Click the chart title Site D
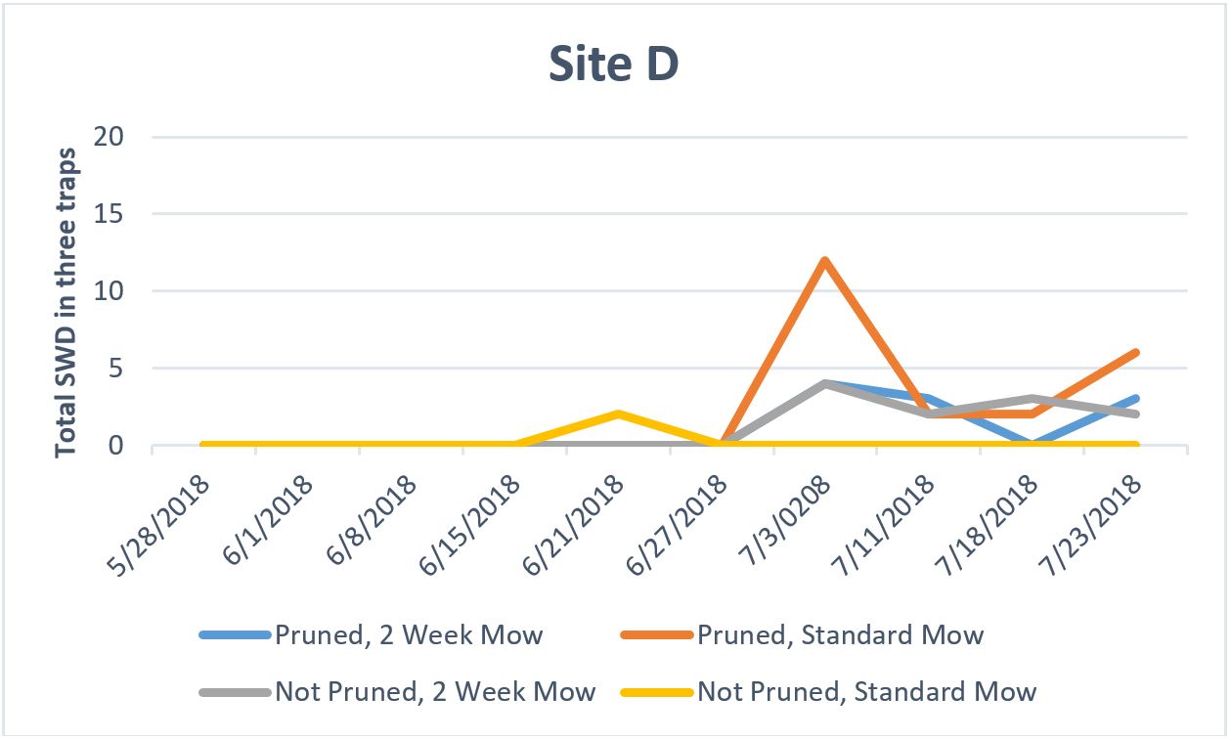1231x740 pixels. click(x=613, y=65)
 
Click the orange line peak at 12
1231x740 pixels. click(x=825, y=260)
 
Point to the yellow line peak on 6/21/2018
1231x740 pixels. click(x=618, y=414)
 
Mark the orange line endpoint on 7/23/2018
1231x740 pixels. click(x=1135, y=353)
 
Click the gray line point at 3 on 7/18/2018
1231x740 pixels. click(x=1033, y=399)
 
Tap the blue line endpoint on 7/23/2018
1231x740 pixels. click(x=1135, y=399)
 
